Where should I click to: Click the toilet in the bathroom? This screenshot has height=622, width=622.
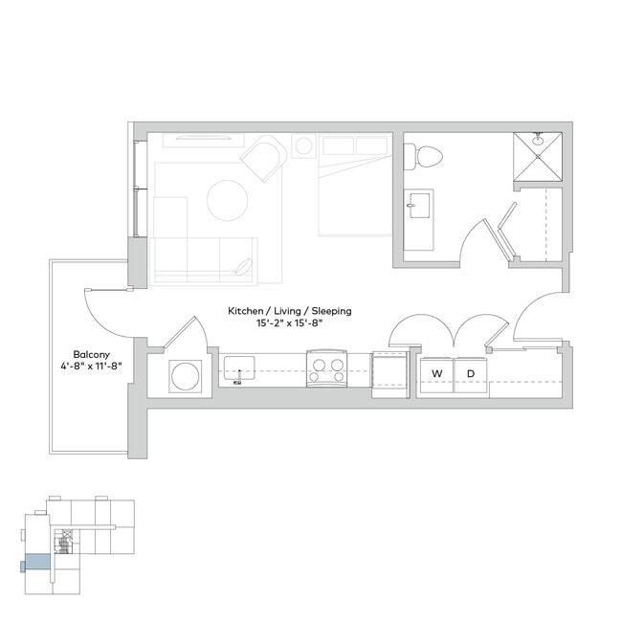[x=423, y=155]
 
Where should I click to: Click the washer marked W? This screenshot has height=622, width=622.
[x=437, y=373]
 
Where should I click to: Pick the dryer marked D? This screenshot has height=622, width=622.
[x=470, y=373]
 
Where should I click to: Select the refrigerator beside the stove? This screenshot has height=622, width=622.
[x=389, y=371]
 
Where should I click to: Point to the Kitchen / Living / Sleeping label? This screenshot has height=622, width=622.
[x=289, y=311]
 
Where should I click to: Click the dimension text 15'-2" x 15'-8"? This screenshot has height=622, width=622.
[x=289, y=323]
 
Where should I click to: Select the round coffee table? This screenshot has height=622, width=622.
[x=229, y=200]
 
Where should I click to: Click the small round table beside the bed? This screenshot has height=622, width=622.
[x=303, y=146]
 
